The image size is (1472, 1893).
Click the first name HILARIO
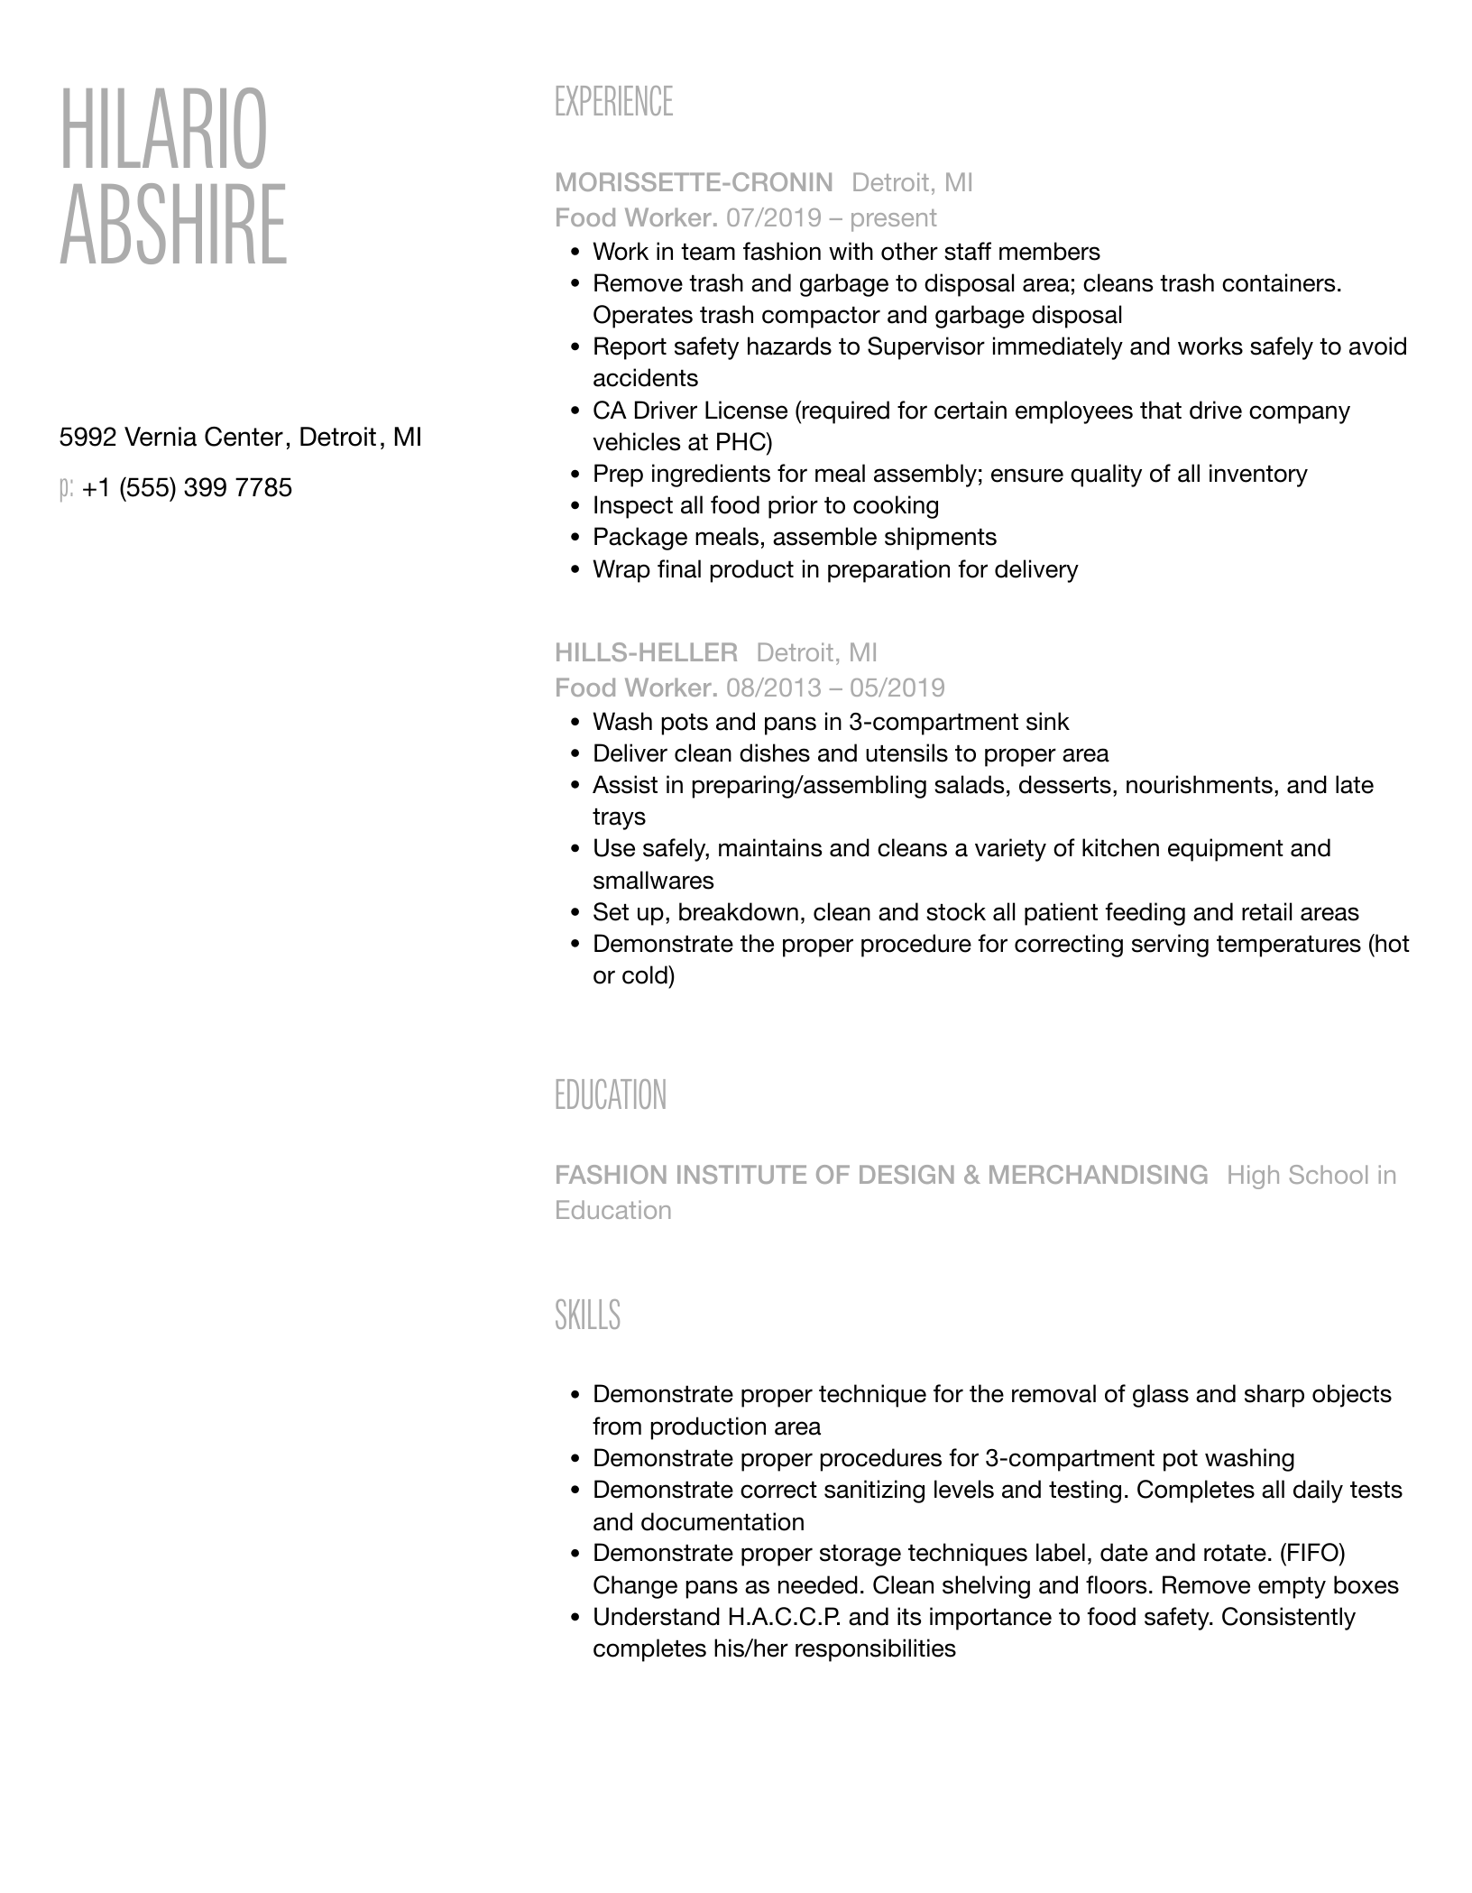point(163,128)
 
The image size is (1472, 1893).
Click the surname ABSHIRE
point(173,225)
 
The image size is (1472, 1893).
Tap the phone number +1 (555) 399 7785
point(187,488)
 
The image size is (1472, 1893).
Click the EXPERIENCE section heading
point(613,102)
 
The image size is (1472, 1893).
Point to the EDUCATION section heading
point(611,1095)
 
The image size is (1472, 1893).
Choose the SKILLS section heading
point(587,1316)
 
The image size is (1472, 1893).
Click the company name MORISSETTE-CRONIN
point(694,183)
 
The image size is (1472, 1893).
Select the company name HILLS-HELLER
point(646,653)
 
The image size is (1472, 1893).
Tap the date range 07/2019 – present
point(831,218)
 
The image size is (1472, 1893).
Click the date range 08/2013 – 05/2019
point(835,688)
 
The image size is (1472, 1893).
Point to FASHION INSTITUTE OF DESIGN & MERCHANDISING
point(881,1175)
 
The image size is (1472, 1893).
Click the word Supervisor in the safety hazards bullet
point(925,347)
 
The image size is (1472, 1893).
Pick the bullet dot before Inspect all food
point(575,506)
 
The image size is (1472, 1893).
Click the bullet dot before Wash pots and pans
point(575,723)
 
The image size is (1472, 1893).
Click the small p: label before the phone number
point(66,489)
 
